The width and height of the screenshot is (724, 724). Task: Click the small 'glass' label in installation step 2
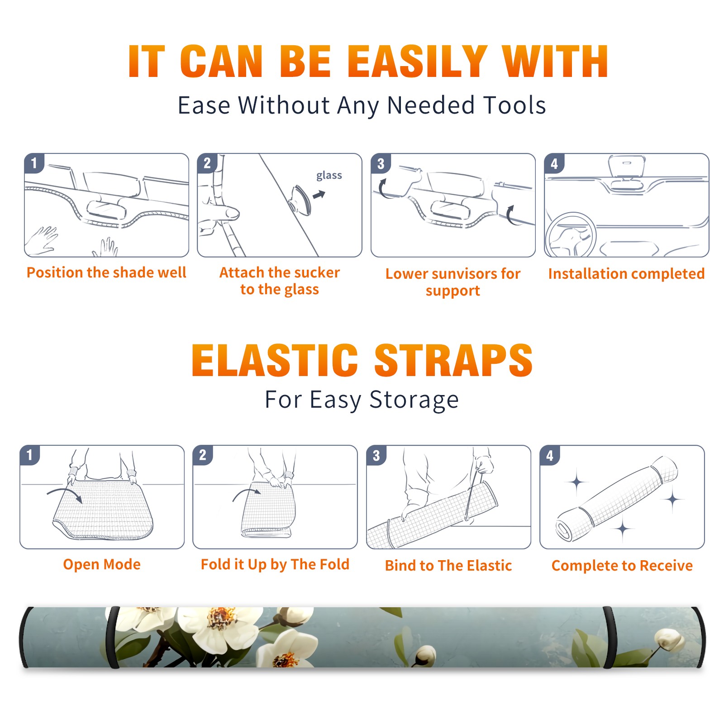pos(329,176)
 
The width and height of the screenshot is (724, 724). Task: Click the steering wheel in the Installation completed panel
pos(570,235)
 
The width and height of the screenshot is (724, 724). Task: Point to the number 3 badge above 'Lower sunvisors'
pos(381,163)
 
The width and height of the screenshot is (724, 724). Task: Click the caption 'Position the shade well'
pos(106,272)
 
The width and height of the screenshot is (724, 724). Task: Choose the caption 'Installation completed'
pos(626,274)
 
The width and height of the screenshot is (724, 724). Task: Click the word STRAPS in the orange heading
pos(453,360)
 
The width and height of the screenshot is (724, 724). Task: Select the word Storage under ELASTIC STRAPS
pos(414,400)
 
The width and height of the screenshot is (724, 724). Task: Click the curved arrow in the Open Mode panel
pos(65,494)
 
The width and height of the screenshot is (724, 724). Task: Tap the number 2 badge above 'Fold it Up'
pos(202,455)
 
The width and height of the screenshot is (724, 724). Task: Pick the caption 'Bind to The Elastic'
pos(448,566)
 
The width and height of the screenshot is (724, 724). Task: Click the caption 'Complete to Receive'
pos(622,566)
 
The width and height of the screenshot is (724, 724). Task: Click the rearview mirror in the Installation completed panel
pos(626,167)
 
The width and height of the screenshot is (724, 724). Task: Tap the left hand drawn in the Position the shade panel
pos(42,240)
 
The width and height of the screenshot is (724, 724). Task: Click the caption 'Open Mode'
pos(102,564)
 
